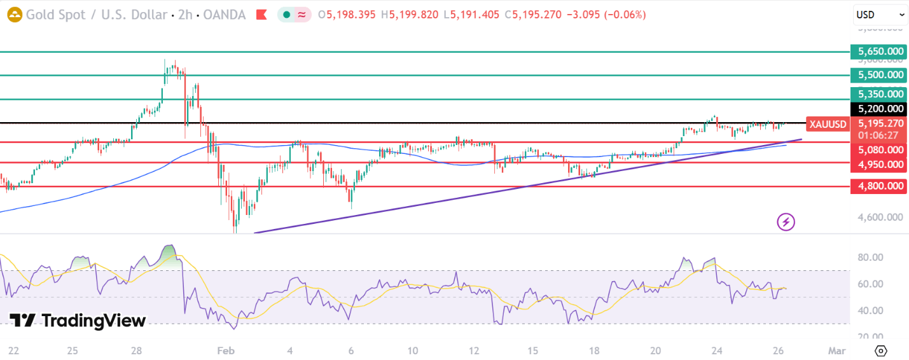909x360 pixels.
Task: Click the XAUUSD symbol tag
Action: pyautogui.click(x=827, y=124)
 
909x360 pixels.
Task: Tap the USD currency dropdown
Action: pyautogui.click(x=880, y=14)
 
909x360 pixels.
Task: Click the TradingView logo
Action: pyautogui.click(x=78, y=321)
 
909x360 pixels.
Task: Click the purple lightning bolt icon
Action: pyautogui.click(x=786, y=222)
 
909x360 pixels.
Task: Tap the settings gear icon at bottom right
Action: pyautogui.click(x=880, y=350)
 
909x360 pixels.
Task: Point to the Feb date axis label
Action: pyautogui.click(x=225, y=350)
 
